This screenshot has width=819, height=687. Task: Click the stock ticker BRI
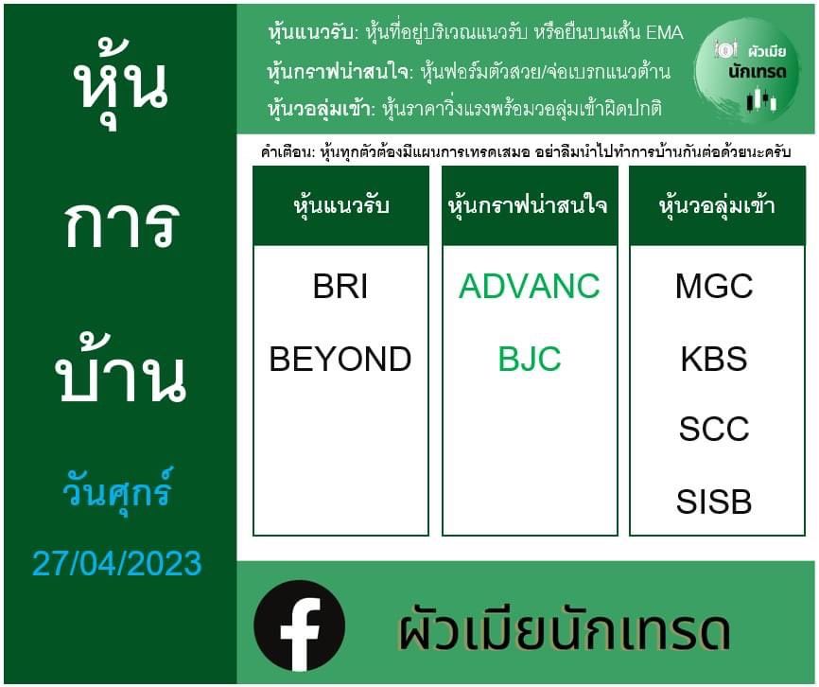coord(340,287)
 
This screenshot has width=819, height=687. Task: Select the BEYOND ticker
coord(340,359)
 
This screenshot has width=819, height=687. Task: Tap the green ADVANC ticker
coord(529,287)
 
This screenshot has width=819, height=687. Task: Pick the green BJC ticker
coord(529,359)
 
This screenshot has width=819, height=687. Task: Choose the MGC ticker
coord(714,287)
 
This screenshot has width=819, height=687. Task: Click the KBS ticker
coord(714,359)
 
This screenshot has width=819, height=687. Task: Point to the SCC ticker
coord(714,429)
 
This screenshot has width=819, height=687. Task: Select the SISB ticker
coord(714,502)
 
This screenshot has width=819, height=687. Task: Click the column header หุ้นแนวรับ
coord(341,205)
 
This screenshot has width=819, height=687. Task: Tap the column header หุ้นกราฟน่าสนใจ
coord(528,205)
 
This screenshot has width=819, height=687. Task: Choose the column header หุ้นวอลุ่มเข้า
coord(717,205)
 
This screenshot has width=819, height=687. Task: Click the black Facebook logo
coord(299,625)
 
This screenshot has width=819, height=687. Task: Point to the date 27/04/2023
coord(117,563)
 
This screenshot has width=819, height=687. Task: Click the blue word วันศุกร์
coord(117,491)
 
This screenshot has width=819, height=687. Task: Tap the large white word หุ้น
coord(120,83)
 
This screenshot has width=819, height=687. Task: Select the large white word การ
coord(122,224)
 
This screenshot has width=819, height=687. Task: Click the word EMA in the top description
coord(665,33)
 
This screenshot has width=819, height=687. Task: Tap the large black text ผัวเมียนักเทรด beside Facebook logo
coord(564,629)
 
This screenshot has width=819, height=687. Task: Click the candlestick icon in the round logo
coord(761,100)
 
